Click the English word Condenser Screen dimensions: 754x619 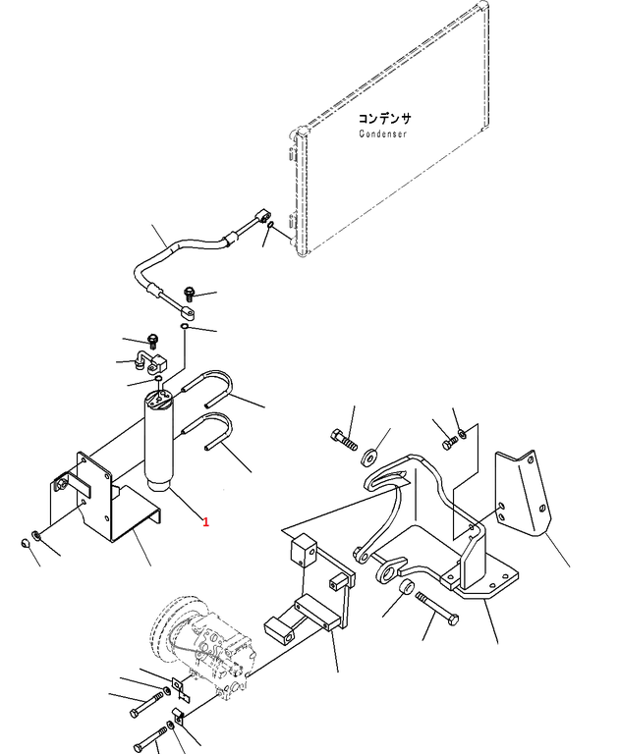[382, 134]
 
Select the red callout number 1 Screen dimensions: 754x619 [205, 522]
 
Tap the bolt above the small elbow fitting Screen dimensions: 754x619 [152, 341]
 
